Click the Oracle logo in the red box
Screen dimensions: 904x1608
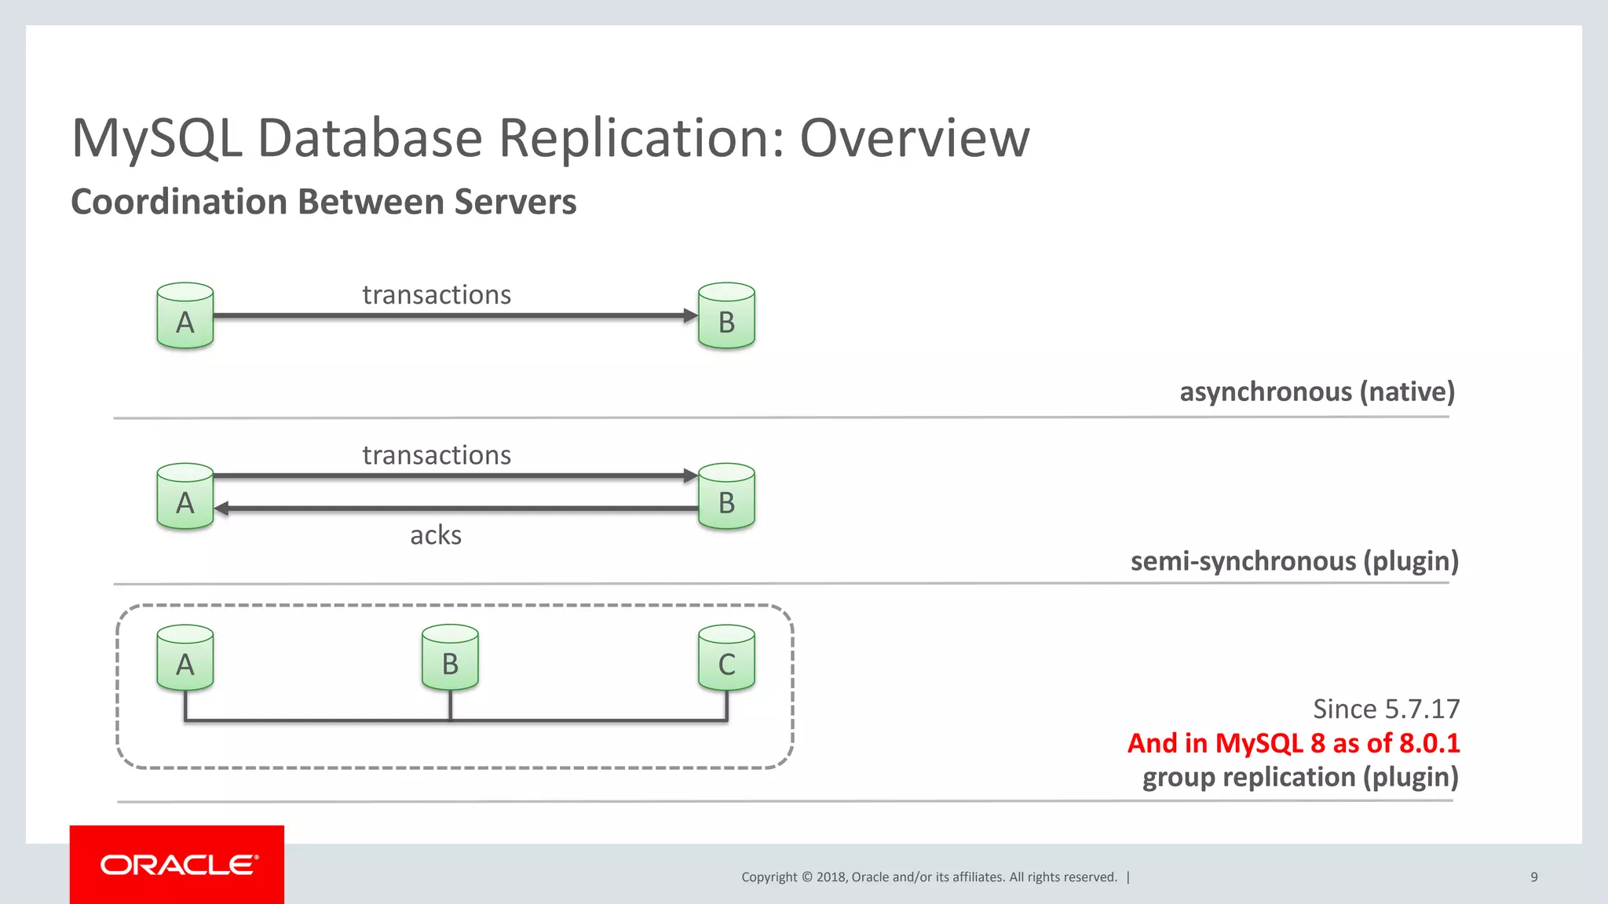click(178, 865)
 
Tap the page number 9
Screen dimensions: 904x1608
click(1533, 877)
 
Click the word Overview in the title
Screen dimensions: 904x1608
click(914, 138)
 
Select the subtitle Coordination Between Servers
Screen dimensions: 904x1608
click(323, 202)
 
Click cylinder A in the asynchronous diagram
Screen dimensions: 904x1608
click(185, 316)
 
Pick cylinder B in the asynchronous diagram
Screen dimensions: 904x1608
click(726, 316)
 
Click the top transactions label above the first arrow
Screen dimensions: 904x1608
click(437, 295)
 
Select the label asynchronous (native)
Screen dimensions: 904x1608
click(1317, 392)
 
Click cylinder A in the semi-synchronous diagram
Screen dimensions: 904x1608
click(185, 497)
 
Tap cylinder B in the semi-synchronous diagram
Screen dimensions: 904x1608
click(726, 497)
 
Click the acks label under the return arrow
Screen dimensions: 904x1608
click(436, 535)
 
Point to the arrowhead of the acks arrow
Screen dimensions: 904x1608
click(221, 508)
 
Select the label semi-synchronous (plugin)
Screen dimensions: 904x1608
click(1294, 561)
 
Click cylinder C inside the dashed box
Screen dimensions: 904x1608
click(726, 658)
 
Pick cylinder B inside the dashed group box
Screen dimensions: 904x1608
click(450, 658)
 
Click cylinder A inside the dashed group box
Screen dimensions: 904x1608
click(185, 658)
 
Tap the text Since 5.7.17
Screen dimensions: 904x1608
click(1386, 709)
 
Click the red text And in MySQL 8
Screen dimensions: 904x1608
click(1293, 743)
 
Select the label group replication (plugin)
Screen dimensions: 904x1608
click(1300, 778)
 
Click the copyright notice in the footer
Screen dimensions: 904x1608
click(929, 877)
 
